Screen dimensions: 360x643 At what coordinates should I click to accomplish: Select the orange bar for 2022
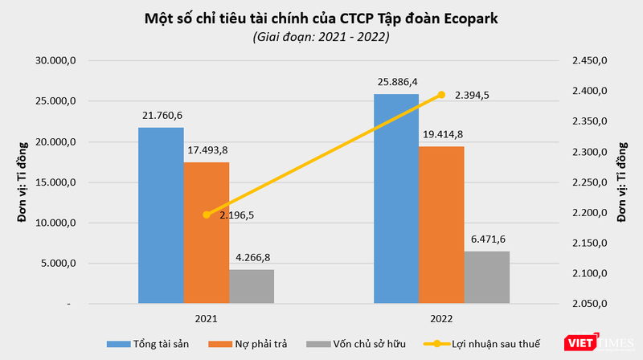coord(441,225)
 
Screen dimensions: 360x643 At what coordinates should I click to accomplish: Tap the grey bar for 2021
coord(252,287)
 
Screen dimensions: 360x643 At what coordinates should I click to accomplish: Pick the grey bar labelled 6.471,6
coord(487,278)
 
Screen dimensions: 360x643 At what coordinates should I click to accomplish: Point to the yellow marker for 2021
coord(207,215)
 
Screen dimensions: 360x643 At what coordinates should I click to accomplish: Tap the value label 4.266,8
coord(252,258)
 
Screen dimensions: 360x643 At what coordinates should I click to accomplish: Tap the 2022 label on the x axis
coord(441,318)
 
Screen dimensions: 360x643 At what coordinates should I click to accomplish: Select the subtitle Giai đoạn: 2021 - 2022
coord(321,37)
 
